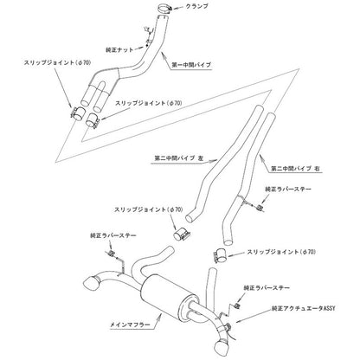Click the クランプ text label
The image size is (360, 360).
coord(197,6)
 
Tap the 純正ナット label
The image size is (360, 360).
coord(120,49)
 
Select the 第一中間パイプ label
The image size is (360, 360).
coord(191,65)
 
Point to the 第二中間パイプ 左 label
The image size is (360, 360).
coord(179,158)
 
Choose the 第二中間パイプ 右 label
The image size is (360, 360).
coord(296,169)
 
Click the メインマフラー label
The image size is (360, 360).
coord(130,325)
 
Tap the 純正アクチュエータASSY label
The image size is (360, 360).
coord(304,309)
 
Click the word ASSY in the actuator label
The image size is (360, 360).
coord(329,309)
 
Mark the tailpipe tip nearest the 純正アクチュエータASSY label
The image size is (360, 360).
coord(222,345)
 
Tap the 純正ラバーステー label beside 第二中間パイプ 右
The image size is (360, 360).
coord(288,190)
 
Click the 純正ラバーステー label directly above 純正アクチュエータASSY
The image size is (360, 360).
coord(267,287)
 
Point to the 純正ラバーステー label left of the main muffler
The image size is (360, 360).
coord(113,235)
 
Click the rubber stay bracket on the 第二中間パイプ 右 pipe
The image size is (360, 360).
coord(260,208)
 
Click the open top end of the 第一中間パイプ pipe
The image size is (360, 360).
coord(163,19)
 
